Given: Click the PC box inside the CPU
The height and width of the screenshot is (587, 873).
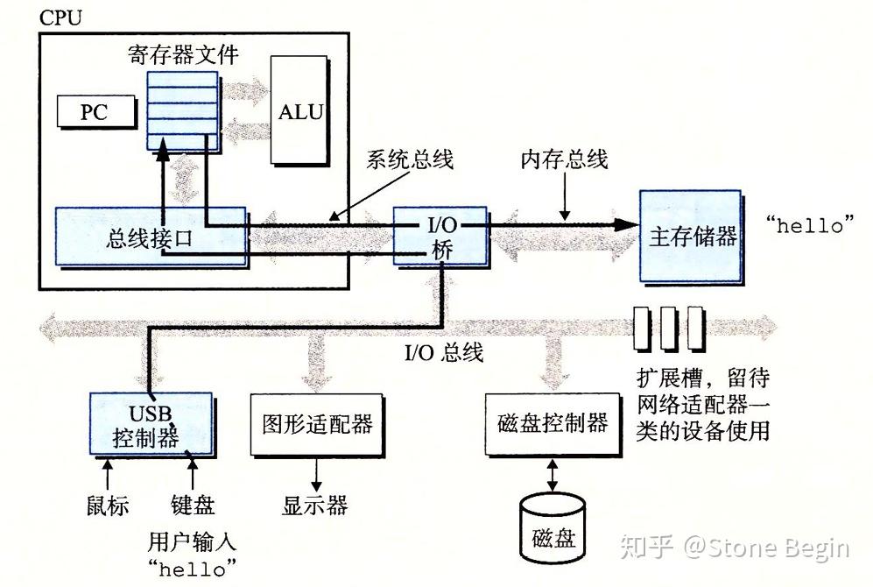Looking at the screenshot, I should (x=96, y=111).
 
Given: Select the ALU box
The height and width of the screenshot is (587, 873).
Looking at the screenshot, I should (x=299, y=111).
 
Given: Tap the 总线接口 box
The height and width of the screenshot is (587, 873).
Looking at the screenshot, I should (x=150, y=237).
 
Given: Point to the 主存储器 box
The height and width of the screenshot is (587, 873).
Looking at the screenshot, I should (x=691, y=237).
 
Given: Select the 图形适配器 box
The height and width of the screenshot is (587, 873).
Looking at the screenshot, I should (x=317, y=424).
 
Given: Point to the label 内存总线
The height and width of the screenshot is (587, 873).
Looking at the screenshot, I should (x=564, y=160).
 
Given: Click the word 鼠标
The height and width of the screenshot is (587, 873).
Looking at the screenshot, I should (x=107, y=506).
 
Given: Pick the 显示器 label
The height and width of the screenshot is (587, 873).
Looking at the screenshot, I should (x=314, y=506).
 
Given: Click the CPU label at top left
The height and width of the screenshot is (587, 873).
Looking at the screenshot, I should (x=60, y=18).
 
